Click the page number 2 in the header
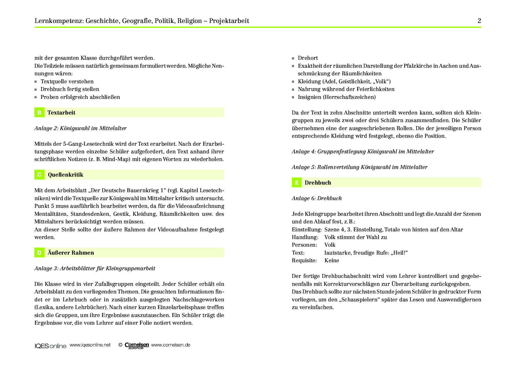coord(479,21)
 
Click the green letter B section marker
coord(39,112)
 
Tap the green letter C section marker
coord(39,175)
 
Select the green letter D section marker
coord(39,253)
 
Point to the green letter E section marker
coord(297,183)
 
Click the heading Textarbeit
coord(61,112)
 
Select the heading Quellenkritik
coord(66,175)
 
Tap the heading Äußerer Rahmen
coord(71,253)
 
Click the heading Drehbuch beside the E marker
coord(318,183)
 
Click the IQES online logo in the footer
coord(50,346)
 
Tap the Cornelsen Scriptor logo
coord(137,346)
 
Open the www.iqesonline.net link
coord(90,345)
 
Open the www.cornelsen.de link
coord(171,345)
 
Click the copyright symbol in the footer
coord(120,345)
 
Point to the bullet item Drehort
coord(308,58)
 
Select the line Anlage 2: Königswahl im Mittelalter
coord(80,128)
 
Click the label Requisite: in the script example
coord(304,261)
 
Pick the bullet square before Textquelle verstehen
coord(36,82)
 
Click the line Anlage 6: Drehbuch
coord(317,198)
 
